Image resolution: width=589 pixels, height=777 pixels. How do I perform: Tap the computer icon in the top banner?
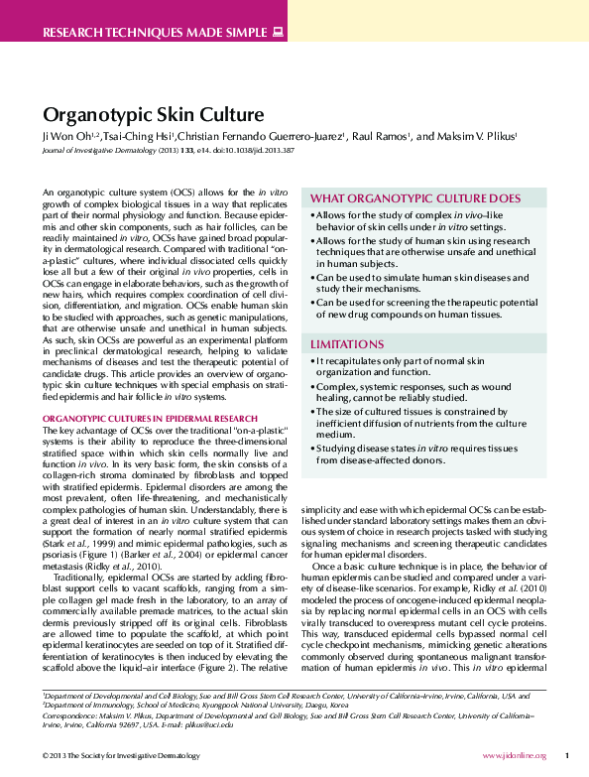click(278, 32)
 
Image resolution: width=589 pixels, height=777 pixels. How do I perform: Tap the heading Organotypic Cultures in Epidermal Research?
click(150, 419)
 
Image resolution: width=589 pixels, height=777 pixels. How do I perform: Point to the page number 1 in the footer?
click(566, 756)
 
